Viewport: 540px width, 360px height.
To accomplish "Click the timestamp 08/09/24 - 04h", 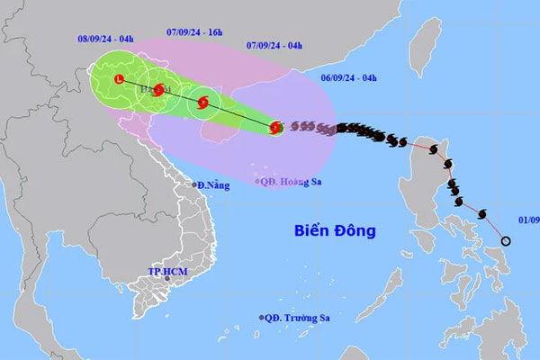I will [104, 39].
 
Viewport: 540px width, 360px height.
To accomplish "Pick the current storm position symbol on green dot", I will [276, 129].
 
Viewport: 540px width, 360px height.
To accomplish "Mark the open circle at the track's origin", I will [506, 241].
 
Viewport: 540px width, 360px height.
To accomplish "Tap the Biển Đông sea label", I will [335, 230].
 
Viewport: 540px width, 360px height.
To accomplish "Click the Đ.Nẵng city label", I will [213, 185].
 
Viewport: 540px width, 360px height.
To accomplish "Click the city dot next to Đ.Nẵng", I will [192, 184].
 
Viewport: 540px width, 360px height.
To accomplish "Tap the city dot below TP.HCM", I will [167, 281].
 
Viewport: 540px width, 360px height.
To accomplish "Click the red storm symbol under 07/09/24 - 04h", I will [203, 103].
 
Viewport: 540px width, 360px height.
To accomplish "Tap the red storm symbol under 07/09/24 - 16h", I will [159, 89].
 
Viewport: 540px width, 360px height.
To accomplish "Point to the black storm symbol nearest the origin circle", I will [483, 214].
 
